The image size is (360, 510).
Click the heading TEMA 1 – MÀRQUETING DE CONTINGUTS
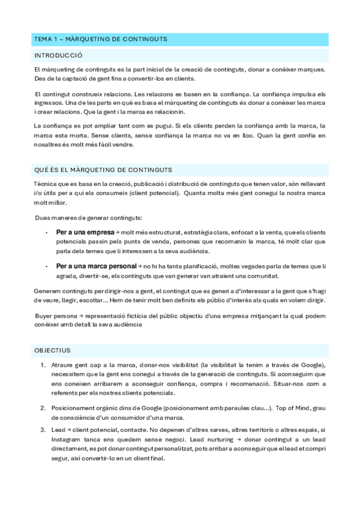(100, 39)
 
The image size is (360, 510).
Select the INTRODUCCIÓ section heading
(58, 55)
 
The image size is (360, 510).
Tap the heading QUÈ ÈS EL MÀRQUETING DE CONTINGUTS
(103, 170)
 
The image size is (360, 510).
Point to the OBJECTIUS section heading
(52, 349)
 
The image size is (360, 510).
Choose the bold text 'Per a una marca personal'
(96, 266)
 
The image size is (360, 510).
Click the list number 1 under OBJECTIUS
(43, 365)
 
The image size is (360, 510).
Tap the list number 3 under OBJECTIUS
(43, 429)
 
